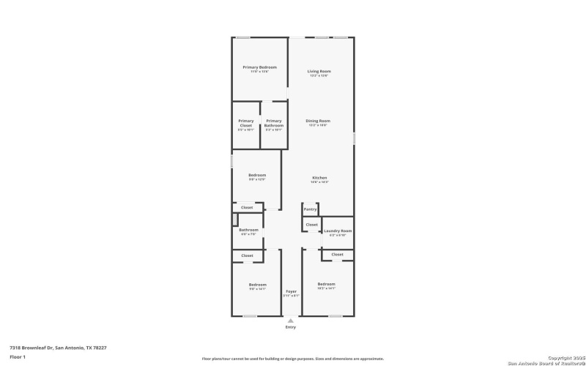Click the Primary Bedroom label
pyautogui.click(x=259, y=67)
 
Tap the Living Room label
pyautogui.click(x=319, y=71)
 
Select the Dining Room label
pyautogui.click(x=318, y=121)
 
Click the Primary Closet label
pyautogui.click(x=246, y=123)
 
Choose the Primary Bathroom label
pyautogui.click(x=274, y=123)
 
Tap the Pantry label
pyautogui.click(x=311, y=209)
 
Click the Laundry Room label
pyautogui.click(x=338, y=231)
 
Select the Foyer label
pyautogui.click(x=291, y=291)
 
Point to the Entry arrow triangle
pyautogui.click(x=291, y=321)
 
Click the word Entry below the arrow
pyautogui.click(x=291, y=328)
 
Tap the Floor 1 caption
pyautogui.click(x=18, y=356)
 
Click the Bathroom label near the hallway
pyautogui.click(x=248, y=230)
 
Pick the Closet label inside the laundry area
pyautogui.click(x=337, y=254)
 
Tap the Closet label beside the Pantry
pyautogui.click(x=311, y=225)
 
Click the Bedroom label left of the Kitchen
pyautogui.click(x=257, y=176)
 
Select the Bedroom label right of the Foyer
pyautogui.click(x=326, y=284)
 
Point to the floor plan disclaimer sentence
pyautogui.click(x=293, y=359)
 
